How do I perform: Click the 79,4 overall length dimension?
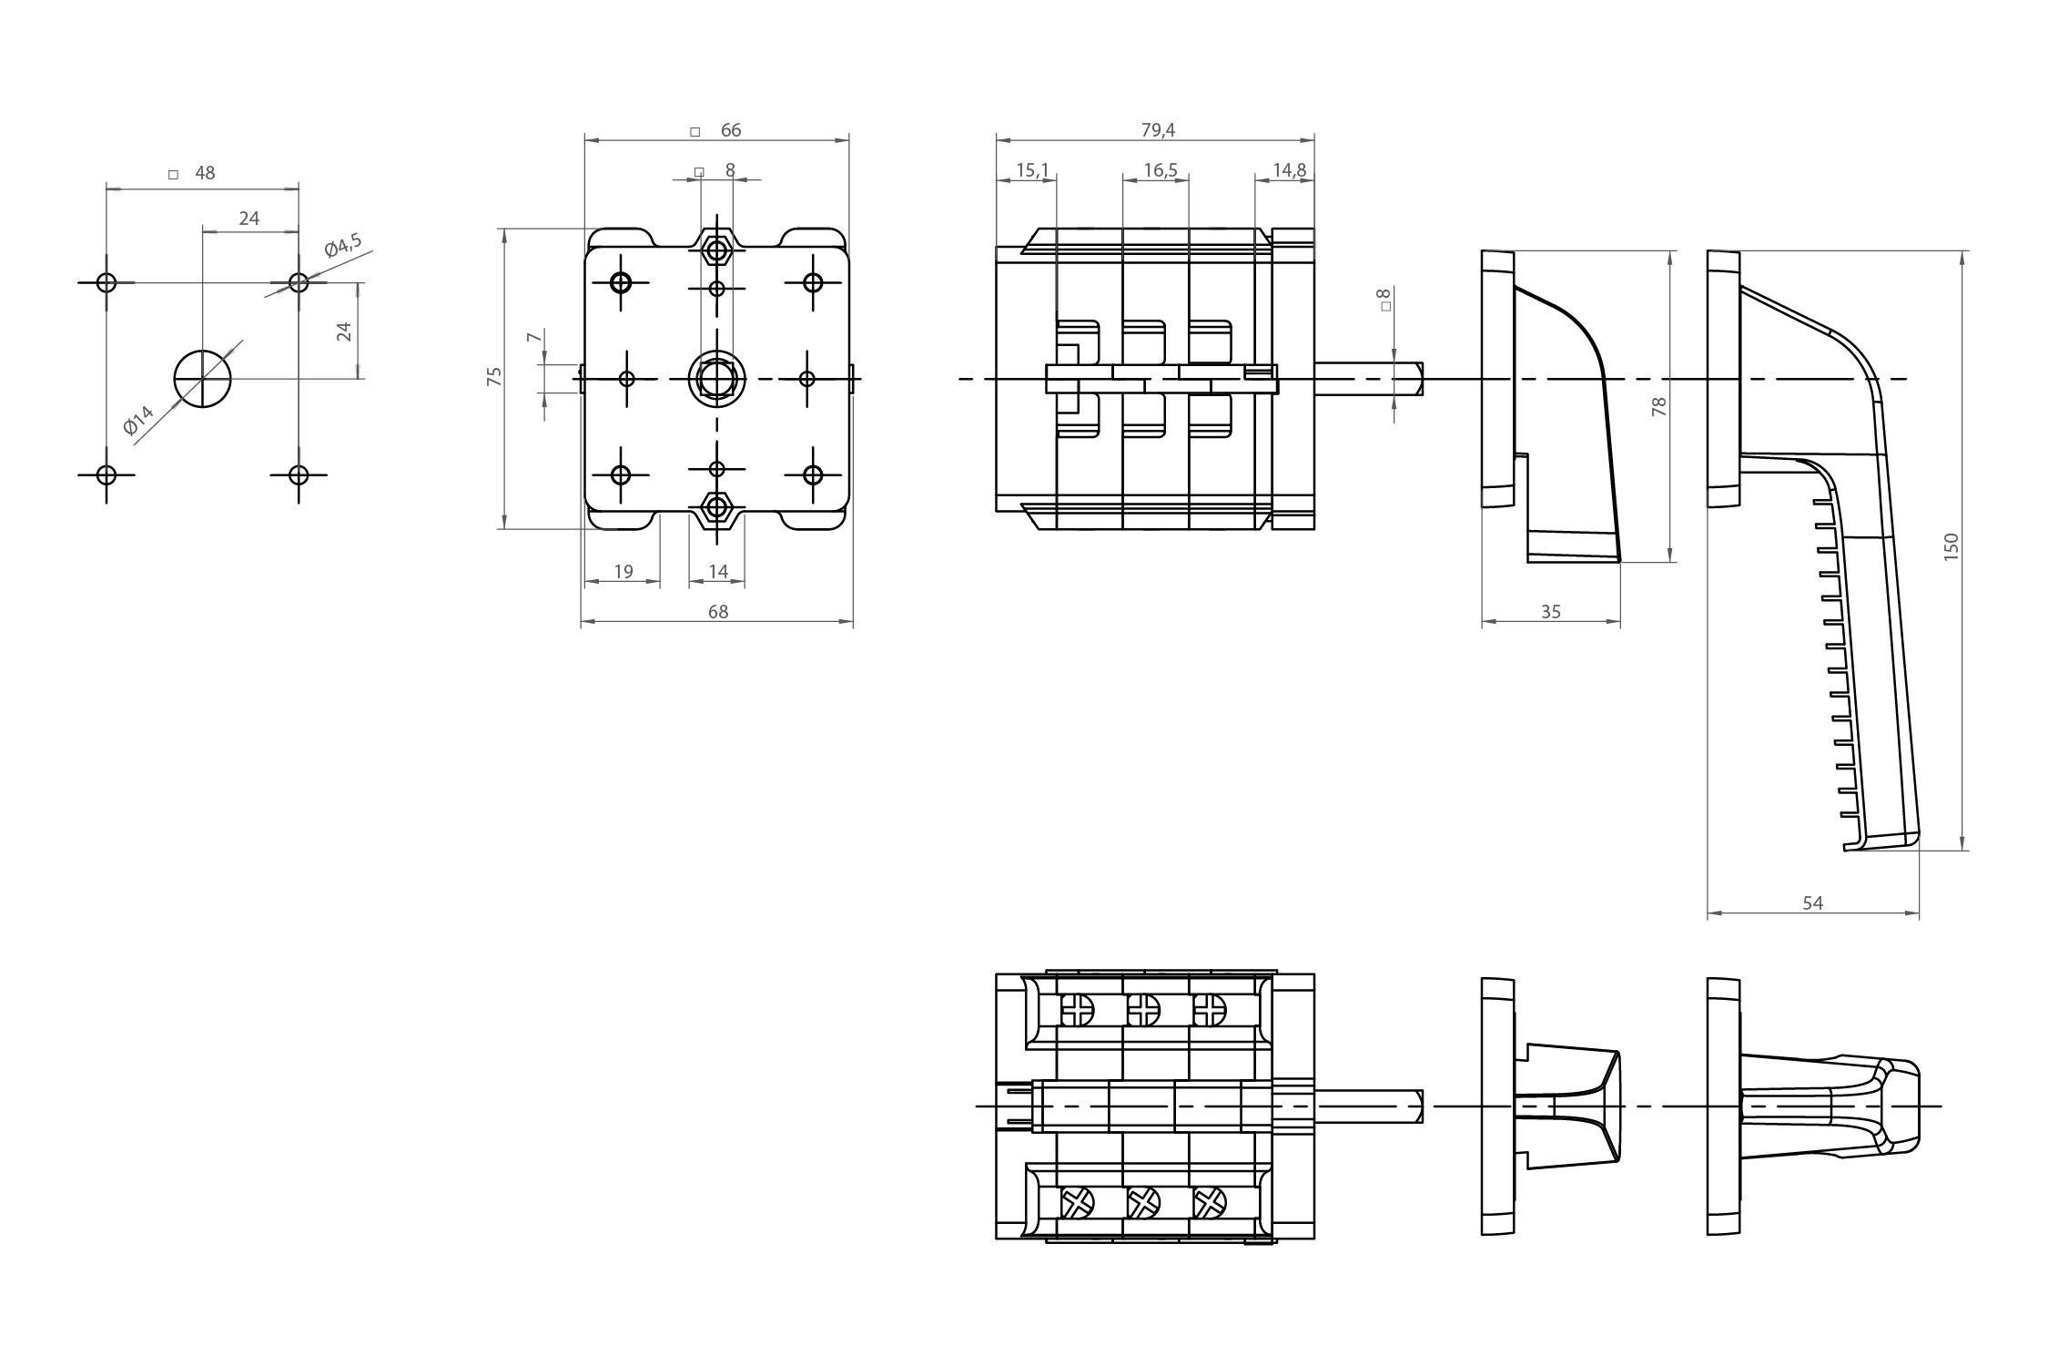(x=1158, y=130)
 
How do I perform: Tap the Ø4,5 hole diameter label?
(x=343, y=246)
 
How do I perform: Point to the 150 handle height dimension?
(x=1951, y=546)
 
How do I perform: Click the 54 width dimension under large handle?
(x=1812, y=902)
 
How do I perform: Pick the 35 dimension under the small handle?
(x=1551, y=612)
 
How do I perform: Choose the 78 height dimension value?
(x=1659, y=406)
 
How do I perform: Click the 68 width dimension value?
(x=718, y=612)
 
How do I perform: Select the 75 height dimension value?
(x=494, y=377)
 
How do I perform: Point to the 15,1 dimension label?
(x=1032, y=170)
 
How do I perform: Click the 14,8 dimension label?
(x=1290, y=170)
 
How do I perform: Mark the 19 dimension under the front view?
(x=624, y=572)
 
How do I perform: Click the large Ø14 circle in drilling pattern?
(x=203, y=378)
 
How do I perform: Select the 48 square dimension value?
(x=205, y=173)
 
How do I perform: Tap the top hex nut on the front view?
(x=717, y=249)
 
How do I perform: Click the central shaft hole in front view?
(x=717, y=377)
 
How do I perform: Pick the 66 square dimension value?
(x=731, y=130)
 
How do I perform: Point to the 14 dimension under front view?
(x=718, y=572)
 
